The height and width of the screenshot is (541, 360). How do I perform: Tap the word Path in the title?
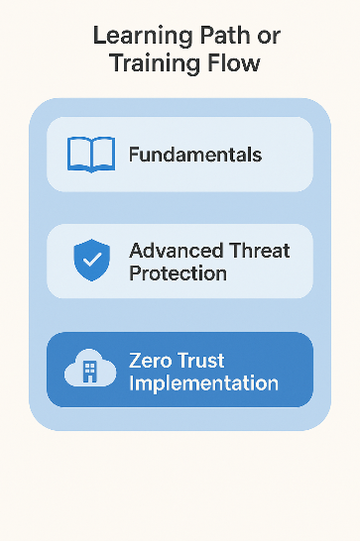227,38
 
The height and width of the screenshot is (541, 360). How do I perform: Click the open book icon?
91,155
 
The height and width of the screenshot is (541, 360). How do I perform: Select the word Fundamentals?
194,155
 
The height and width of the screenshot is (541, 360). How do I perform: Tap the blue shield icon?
91,260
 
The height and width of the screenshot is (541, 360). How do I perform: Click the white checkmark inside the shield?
91,260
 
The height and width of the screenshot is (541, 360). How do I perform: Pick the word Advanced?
175,250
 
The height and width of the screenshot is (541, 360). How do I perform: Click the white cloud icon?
90,370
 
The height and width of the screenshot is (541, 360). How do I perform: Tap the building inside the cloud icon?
88,372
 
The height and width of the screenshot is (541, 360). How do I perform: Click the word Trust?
204,360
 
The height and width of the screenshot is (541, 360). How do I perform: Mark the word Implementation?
203,382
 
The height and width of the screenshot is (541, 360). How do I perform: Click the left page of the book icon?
79,154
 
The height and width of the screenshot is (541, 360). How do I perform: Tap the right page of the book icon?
103,154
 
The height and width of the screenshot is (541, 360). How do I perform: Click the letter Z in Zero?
136,360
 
